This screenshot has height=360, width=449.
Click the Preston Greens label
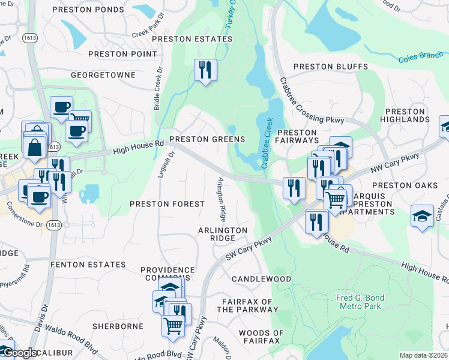[207, 139]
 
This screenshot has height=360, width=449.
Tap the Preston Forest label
[167, 204]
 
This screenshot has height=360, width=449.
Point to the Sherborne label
[118, 326]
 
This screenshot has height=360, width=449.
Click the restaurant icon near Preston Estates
[205, 71]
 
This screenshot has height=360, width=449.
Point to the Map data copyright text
[423, 355]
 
